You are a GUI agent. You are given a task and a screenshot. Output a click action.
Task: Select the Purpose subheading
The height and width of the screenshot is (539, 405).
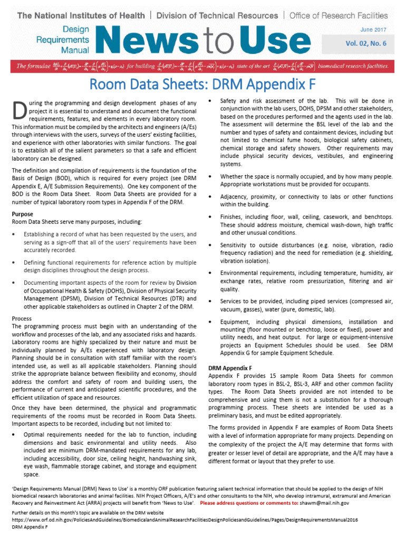pyautogui.click(x=22, y=214)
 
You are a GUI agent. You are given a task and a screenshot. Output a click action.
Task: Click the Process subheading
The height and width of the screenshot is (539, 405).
pyautogui.click(x=22, y=318)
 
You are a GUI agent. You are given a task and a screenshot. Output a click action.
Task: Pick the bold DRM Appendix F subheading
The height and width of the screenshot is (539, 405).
pyautogui.click(x=230, y=368)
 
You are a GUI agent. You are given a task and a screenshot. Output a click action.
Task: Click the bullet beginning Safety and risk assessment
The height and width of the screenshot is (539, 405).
pyautogui.click(x=306, y=132)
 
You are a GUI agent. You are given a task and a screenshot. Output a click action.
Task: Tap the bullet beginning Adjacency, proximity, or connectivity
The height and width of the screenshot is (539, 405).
pyautogui.click(x=306, y=200)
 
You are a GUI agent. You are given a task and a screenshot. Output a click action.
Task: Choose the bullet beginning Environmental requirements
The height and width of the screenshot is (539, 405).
pyautogui.click(x=306, y=281)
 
